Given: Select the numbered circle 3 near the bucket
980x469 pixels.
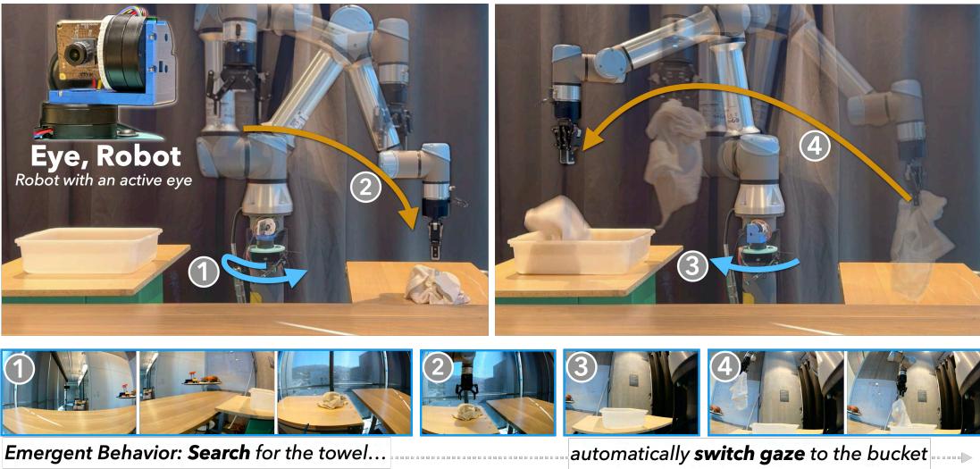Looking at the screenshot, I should pos(693,264).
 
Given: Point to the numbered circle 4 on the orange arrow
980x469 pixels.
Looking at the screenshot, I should pos(813,147).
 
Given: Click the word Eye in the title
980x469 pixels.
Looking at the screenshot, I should pos(63,157).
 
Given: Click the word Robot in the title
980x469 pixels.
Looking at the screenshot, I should pos(137,157).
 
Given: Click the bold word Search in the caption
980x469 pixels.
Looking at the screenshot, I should pos(225,454).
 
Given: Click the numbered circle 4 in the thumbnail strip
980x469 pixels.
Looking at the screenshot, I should pos(723,367).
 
